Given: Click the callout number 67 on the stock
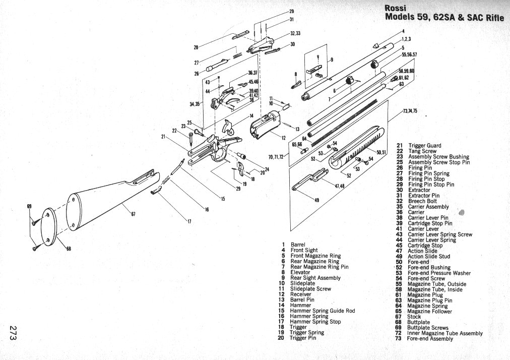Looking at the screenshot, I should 133,215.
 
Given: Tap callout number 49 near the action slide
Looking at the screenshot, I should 316,201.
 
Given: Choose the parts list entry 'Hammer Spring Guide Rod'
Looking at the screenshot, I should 323,311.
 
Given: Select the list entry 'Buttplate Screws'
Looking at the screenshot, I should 427,328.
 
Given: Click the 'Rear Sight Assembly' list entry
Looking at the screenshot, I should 315,278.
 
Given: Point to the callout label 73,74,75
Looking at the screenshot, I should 410,111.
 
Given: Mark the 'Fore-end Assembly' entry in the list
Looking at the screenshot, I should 430,339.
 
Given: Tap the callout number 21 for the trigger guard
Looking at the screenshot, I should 163,136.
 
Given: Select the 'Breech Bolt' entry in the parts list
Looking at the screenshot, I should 422,201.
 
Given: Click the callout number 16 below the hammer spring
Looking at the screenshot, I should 206,209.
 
